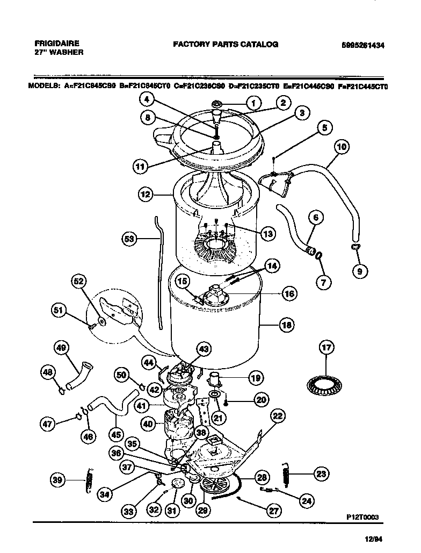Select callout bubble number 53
[x=129, y=240]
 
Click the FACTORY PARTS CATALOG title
[x=225, y=45]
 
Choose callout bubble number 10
[x=342, y=145]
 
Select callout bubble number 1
[x=253, y=103]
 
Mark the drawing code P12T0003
[x=362, y=516]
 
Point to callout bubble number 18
[x=287, y=325]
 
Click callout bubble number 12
[x=146, y=194]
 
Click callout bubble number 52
[x=79, y=281]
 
